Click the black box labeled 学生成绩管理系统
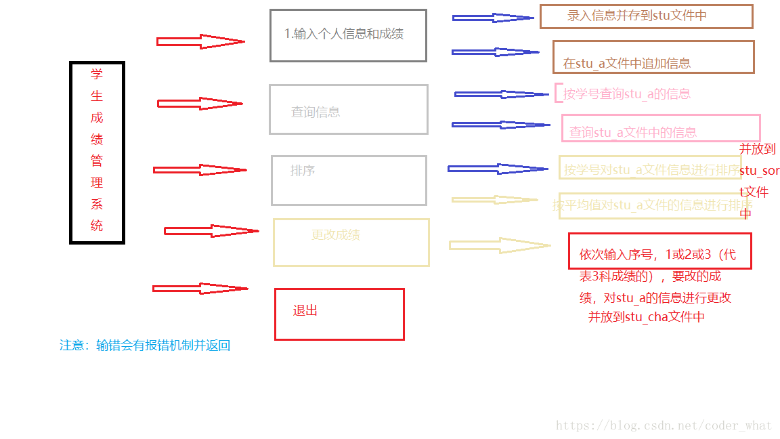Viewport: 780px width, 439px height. (97, 152)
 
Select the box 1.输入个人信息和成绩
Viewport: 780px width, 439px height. (348, 35)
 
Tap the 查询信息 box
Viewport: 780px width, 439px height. (348, 109)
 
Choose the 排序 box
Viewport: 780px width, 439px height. (349, 180)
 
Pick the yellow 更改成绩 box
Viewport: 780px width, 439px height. (351, 242)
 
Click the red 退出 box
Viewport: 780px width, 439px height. (339, 314)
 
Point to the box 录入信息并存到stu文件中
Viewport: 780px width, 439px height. (646, 16)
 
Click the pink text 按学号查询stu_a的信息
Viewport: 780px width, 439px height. (627, 94)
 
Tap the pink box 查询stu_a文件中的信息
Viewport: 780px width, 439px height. (661, 128)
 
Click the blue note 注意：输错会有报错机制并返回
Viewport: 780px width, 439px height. (145, 346)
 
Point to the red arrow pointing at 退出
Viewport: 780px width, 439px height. (200, 289)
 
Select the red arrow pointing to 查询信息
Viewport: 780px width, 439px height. (200, 104)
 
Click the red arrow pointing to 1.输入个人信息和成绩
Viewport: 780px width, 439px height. (200, 42)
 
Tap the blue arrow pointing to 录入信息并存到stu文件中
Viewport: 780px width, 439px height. (493, 18)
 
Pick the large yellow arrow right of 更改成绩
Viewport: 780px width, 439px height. (499, 245)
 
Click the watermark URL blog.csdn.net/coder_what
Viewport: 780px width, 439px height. (664, 425)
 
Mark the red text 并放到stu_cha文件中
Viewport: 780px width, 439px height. (646, 317)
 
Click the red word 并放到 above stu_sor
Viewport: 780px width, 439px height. (757, 149)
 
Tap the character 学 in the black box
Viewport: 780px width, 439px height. (97, 75)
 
